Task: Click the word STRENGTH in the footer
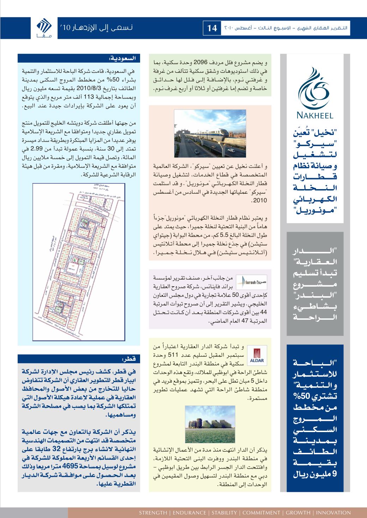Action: tap(154, 513)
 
